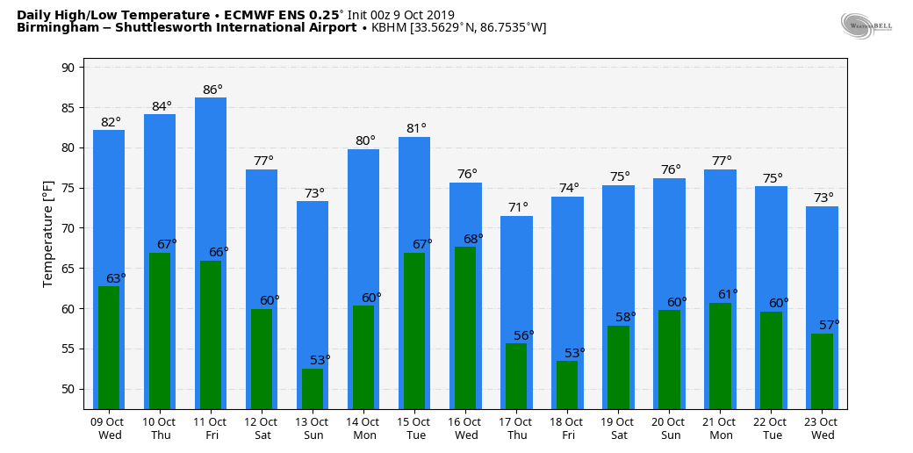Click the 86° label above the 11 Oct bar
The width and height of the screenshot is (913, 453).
212,90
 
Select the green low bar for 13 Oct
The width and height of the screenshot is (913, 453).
313,388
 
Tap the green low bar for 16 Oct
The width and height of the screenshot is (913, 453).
465,327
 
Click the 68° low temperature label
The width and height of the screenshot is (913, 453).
473,239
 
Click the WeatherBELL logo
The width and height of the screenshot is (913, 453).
866,26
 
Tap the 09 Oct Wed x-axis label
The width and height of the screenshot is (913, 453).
110,428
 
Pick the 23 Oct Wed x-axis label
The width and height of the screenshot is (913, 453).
823,428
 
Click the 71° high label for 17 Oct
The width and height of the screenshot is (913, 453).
518,208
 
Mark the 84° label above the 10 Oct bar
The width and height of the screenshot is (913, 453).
162,107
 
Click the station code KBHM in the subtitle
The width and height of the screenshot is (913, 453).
390,28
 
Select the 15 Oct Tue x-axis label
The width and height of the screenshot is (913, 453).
415,428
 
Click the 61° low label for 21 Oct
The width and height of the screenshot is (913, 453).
728,295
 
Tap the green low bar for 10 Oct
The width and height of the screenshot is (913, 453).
160,330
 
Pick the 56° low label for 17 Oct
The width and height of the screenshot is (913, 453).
524,335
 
